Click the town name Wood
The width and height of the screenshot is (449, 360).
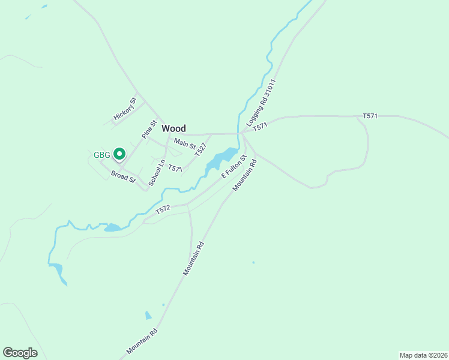coord(173,128)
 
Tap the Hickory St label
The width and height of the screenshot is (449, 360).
coord(125,109)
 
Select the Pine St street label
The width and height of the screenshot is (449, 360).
coord(149,130)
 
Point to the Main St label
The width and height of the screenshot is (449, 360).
coord(184,144)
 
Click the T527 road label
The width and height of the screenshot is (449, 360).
coord(201,150)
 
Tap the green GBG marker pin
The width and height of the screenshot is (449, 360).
coord(119,154)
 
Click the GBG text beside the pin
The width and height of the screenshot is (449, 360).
coord(102,155)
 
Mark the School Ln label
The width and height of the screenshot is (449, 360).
coord(157,172)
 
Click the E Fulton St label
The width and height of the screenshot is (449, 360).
coord(234,166)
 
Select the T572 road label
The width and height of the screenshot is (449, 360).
coord(163,209)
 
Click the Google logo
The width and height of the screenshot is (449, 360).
coord(20,352)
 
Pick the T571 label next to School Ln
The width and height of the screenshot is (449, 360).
coord(175,169)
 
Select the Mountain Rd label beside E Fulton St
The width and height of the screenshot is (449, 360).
coord(245,175)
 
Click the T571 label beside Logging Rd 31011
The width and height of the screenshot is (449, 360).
coord(260,127)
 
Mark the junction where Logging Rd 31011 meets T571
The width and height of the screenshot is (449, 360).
coord(242,133)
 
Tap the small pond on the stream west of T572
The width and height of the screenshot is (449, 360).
coord(112,227)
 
